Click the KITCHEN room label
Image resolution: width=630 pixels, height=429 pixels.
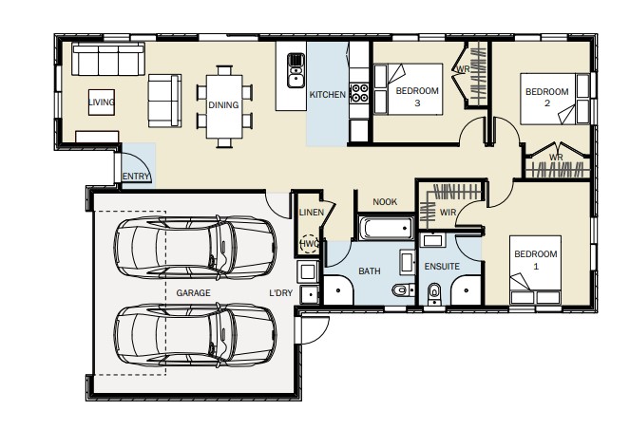328,95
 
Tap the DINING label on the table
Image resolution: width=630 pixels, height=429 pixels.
223,105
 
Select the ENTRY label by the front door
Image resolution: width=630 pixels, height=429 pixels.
136,177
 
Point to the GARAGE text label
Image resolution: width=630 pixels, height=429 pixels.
193,293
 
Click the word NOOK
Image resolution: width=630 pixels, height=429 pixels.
385,202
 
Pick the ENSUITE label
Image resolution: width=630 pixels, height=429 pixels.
442,267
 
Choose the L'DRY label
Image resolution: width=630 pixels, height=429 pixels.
281,293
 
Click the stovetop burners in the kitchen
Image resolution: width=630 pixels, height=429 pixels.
359,93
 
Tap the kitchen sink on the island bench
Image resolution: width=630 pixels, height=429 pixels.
296,70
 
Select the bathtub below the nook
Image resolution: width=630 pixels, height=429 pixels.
386,228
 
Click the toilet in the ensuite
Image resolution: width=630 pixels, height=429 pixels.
434,292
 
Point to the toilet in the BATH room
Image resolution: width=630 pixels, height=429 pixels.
403,289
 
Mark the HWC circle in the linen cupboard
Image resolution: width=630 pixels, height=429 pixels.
309,244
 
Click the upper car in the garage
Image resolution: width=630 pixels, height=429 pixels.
195,248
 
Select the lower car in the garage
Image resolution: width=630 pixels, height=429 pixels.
195,335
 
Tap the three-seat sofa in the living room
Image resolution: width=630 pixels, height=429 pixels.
108,60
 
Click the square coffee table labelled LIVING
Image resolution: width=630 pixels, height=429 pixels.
102,103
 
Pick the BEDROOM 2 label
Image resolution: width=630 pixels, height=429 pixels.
546,97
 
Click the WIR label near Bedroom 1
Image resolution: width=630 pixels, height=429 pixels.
448,213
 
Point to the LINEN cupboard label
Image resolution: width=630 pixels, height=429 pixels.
312,213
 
